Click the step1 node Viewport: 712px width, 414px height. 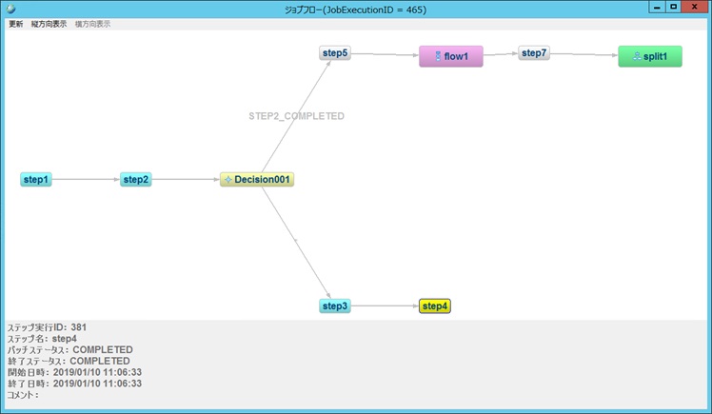coord(36,180)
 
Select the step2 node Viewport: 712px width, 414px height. coord(136,180)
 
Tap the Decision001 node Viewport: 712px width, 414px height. coord(257,179)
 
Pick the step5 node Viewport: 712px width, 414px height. coord(335,53)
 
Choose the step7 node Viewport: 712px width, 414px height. coord(534,53)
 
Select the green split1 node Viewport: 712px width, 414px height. coord(649,56)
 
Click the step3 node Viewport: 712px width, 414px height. coord(335,306)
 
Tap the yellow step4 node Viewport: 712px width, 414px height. coord(435,306)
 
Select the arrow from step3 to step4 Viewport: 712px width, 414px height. coord(385,306)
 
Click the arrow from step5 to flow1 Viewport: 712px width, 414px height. coord(385,54)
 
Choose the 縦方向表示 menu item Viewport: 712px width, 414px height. coord(49,24)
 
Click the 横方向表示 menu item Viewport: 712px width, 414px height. coord(92,24)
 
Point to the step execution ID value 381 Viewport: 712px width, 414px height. coord(79,327)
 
